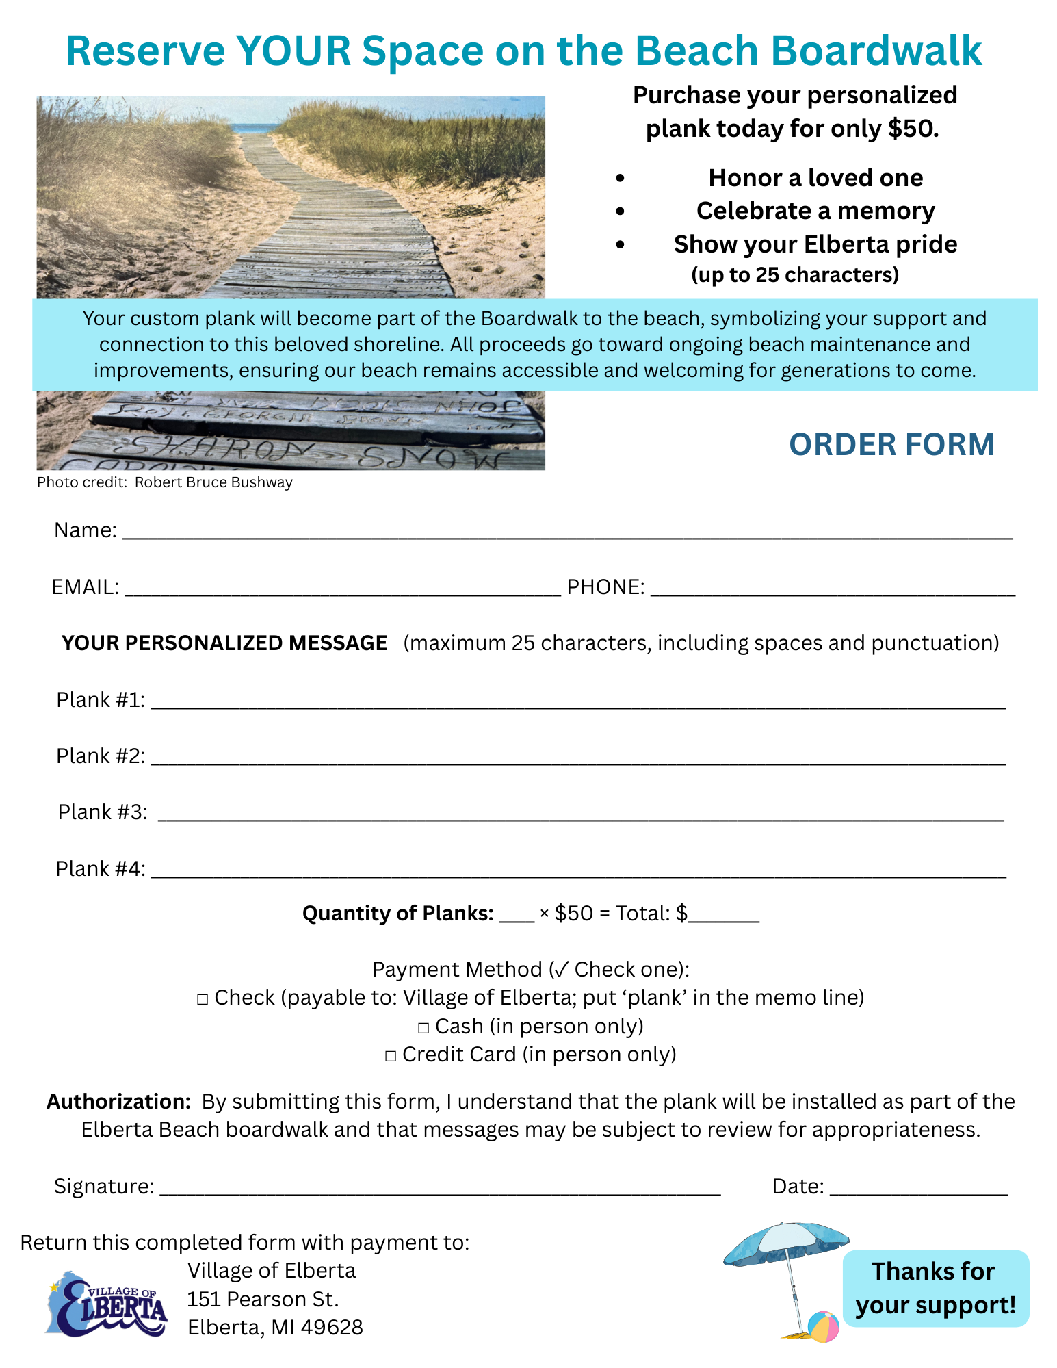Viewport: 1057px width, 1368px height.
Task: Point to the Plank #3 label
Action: (103, 812)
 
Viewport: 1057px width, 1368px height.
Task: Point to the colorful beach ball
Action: (823, 1326)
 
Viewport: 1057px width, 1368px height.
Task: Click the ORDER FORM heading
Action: (891, 445)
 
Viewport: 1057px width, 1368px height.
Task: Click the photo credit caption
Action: (165, 482)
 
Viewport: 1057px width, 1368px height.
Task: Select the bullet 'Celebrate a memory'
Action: (815, 211)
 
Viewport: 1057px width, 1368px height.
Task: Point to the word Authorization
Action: (118, 1102)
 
